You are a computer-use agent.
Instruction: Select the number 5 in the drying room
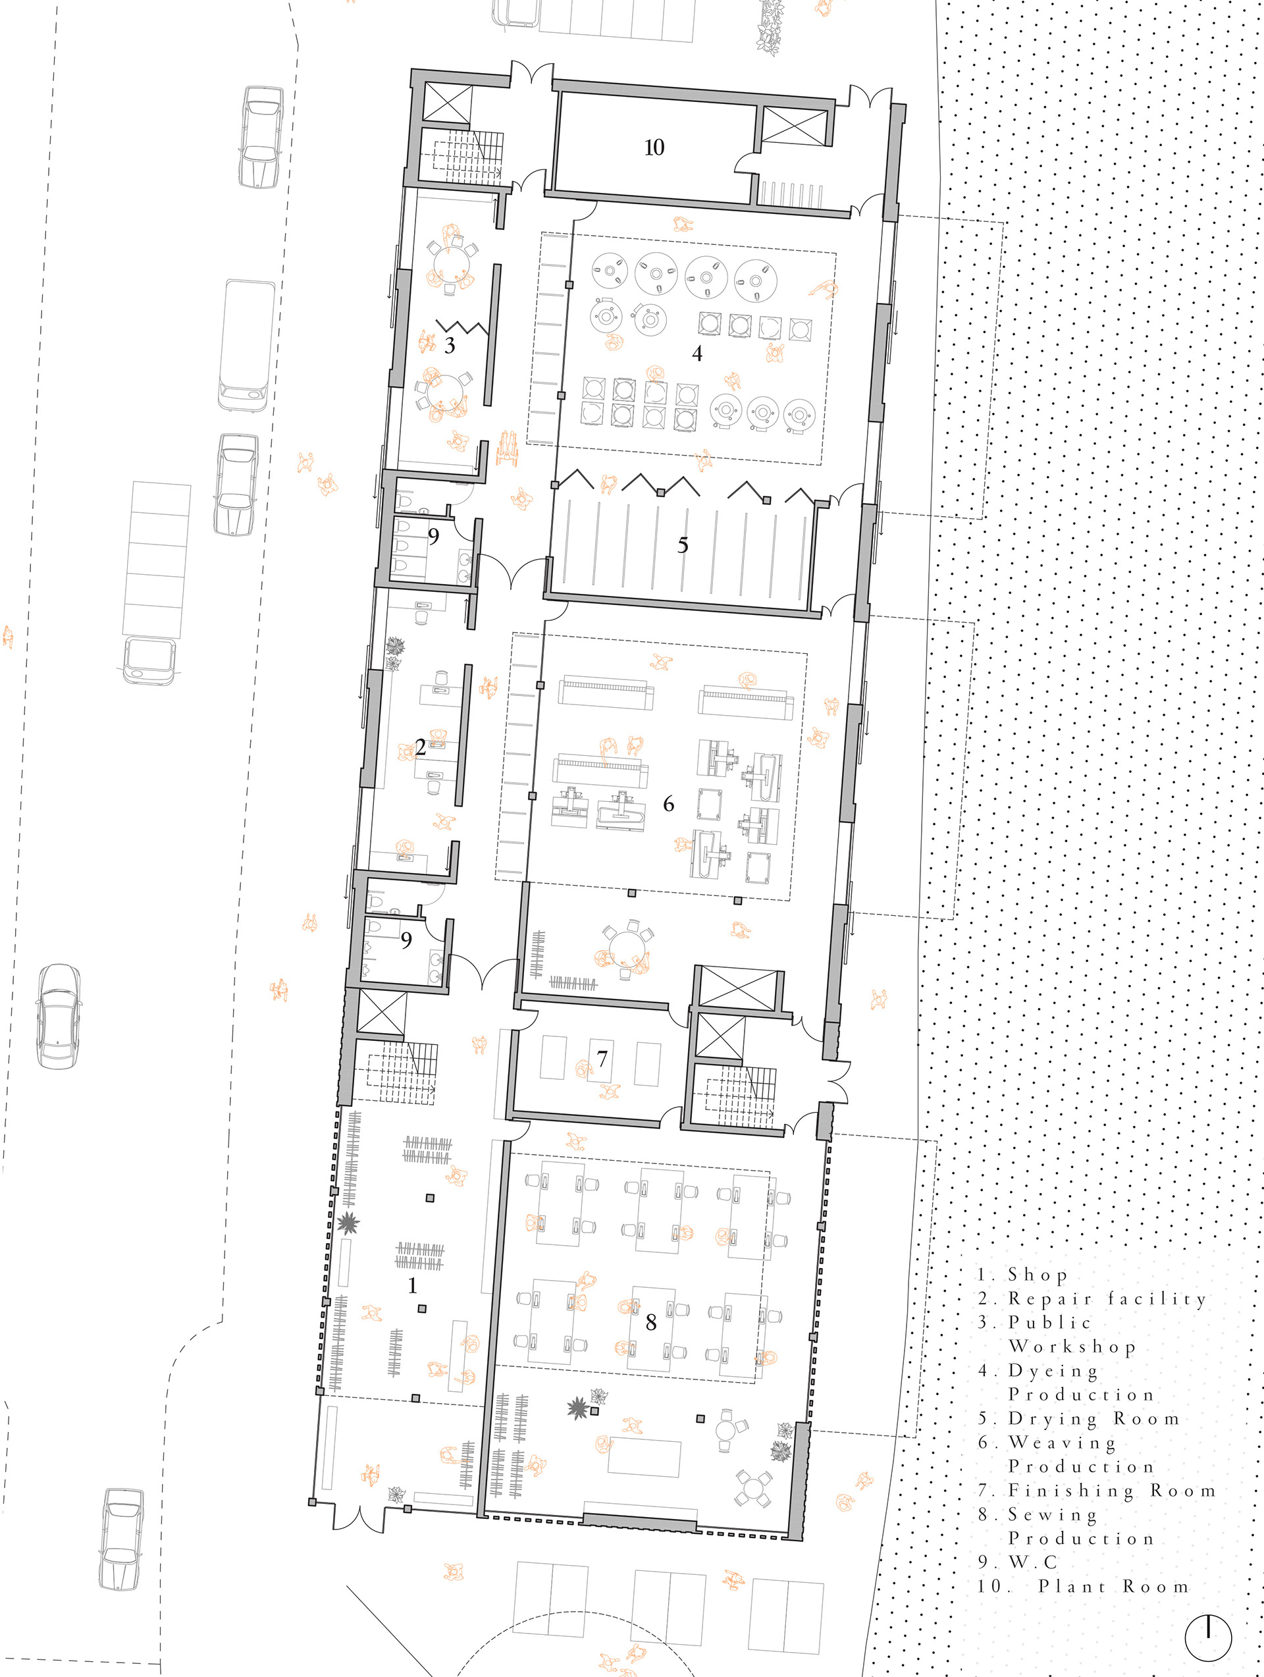(683, 545)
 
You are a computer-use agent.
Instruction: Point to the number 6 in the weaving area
(668, 804)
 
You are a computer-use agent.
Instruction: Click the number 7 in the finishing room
(602, 1058)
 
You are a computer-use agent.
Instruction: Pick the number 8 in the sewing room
(650, 1321)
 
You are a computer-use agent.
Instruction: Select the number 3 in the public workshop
(450, 346)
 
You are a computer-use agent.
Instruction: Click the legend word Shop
(1038, 1275)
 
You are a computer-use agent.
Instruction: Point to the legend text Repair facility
(1107, 1298)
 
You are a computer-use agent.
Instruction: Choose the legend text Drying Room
(1093, 1418)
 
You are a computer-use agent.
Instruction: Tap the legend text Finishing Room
(1111, 1491)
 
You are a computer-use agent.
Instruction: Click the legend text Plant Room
(1113, 1587)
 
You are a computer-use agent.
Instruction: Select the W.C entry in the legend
(1033, 1562)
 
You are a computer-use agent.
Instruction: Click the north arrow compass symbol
(1208, 1637)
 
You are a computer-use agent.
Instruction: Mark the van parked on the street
(247, 345)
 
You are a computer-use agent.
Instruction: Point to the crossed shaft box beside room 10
(794, 125)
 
